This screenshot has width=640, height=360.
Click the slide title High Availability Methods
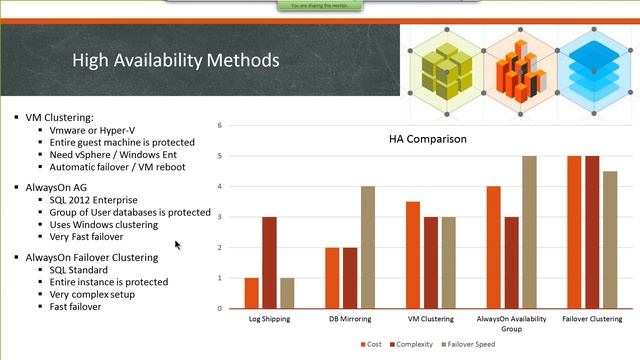(175, 61)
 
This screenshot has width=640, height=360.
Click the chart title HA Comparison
(427, 138)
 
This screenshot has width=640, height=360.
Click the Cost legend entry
(370, 345)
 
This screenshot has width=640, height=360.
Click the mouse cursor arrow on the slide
(178, 244)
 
